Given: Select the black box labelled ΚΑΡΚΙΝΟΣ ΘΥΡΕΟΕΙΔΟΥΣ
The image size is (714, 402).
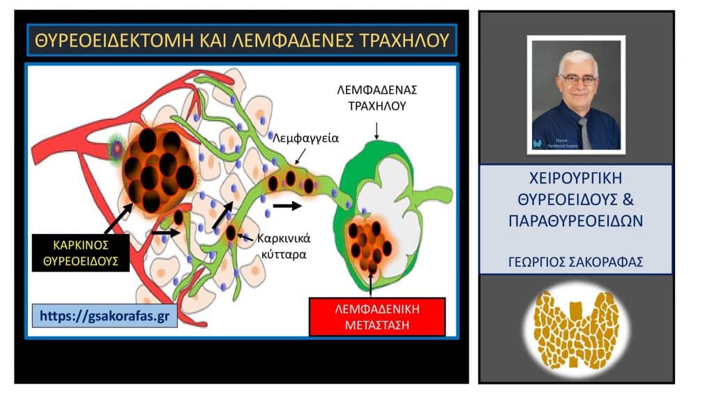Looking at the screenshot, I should tap(81, 252).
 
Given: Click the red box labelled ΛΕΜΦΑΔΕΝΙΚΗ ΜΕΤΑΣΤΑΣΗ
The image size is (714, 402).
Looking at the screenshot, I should tap(358, 316).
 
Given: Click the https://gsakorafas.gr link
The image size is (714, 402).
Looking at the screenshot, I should tap(104, 315).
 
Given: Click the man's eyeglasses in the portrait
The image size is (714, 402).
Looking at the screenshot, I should tap(579, 80).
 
